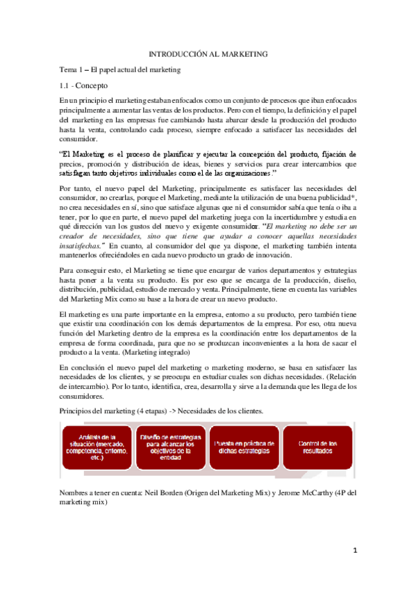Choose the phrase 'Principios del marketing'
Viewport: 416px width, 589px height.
[x=101, y=411]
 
